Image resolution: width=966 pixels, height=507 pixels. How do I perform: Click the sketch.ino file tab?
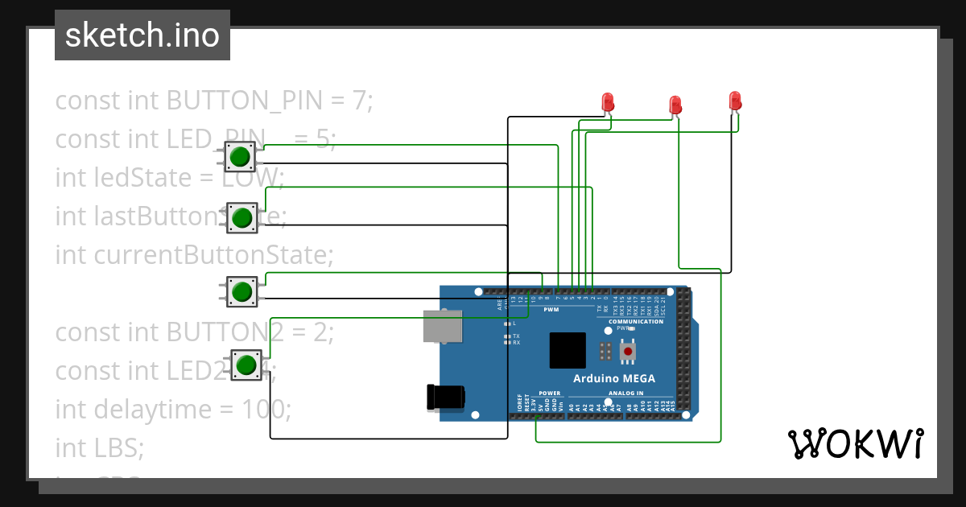(142, 35)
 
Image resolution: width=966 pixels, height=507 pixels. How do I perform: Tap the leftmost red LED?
(609, 101)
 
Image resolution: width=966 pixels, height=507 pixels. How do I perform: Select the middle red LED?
(675, 105)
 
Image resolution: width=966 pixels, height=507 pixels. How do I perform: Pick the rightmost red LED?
(734, 101)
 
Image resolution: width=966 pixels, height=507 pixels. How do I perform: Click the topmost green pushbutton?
(238, 157)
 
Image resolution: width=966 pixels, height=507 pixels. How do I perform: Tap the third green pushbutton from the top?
(241, 291)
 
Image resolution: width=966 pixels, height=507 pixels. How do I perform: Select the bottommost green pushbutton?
(246, 365)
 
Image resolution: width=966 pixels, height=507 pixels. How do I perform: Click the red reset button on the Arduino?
(627, 351)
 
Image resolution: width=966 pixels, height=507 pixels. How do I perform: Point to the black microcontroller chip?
(568, 350)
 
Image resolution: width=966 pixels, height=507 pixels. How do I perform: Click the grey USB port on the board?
(444, 326)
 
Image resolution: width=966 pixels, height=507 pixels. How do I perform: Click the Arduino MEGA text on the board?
(613, 379)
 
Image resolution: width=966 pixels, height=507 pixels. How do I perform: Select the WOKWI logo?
(855, 443)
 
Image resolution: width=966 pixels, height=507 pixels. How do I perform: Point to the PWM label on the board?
(551, 309)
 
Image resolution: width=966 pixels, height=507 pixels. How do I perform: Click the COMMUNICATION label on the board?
(636, 321)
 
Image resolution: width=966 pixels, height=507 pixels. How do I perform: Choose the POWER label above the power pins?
(549, 394)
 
